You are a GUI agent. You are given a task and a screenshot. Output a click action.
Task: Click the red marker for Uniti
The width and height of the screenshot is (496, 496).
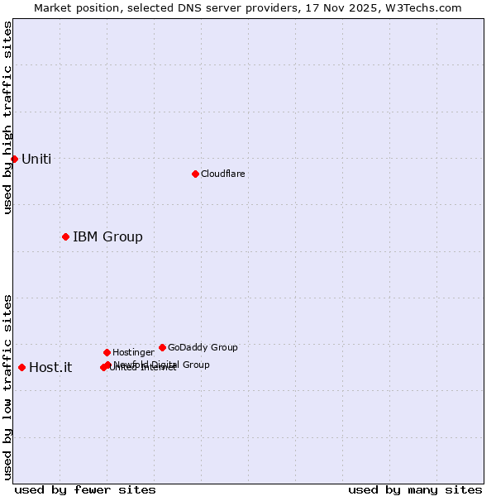point(14,159)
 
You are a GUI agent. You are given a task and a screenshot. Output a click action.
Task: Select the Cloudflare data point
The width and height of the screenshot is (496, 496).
point(195,174)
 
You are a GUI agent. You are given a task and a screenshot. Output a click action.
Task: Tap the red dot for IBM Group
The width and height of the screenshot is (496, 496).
point(65,237)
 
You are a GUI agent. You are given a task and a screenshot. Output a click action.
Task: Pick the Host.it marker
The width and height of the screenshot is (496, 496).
point(21,367)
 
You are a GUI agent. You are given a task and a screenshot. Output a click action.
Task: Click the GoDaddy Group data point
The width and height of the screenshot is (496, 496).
point(162,347)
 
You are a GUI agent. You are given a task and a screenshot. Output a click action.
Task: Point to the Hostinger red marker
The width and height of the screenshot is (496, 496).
point(107,352)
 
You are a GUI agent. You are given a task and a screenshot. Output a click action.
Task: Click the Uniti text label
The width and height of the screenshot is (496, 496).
point(36,160)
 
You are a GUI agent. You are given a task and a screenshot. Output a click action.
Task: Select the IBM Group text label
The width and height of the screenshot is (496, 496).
point(107,237)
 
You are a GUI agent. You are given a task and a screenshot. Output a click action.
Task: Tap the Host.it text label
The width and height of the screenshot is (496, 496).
point(50,368)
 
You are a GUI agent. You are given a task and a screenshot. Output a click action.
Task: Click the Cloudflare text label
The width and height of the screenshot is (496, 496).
point(223,174)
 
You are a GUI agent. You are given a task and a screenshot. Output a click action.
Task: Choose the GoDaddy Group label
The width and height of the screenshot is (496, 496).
point(203,347)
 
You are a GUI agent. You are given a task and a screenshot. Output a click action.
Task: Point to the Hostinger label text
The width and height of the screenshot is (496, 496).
point(133,352)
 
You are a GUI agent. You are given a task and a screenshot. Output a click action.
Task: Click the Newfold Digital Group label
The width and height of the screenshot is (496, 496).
point(162,364)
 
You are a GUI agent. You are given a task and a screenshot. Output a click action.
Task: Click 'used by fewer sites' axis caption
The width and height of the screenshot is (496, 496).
point(85,489)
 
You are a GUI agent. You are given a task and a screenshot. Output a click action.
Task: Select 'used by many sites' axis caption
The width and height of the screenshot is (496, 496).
point(415,489)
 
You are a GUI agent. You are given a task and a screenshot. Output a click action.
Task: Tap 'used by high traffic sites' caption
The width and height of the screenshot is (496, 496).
point(7,117)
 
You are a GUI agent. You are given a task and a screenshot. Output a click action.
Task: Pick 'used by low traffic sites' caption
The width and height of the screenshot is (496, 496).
point(7,386)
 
